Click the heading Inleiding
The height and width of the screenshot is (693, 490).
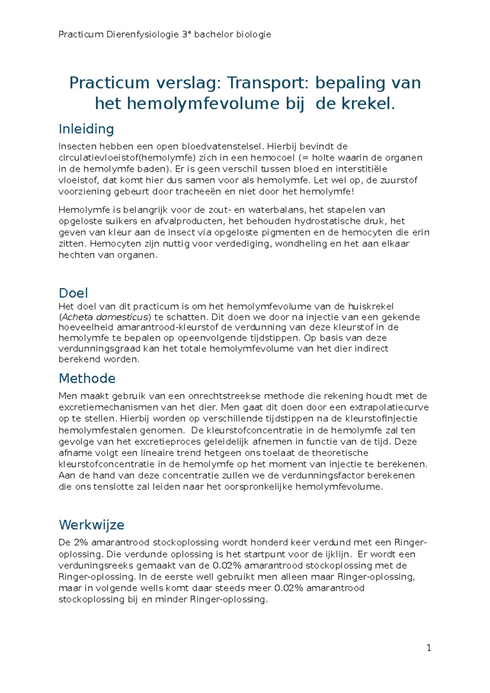click(x=86, y=129)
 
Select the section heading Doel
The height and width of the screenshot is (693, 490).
click(x=73, y=293)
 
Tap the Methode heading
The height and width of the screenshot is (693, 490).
click(x=87, y=378)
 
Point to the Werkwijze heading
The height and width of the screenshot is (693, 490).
click(x=91, y=525)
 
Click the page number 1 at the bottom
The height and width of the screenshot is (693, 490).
click(x=429, y=648)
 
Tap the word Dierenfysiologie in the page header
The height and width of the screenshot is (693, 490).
click(x=143, y=34)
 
